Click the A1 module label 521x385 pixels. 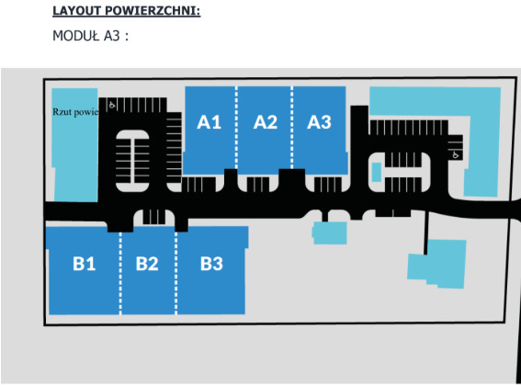click(209, 122)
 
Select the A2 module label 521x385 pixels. click(266, 122)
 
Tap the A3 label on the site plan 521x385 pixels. click(319, 122)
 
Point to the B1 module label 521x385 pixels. click(84, 264)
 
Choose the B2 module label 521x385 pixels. click(147, 264)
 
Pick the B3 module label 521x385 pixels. click(211, 264)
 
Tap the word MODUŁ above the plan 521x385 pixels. click(75, 36)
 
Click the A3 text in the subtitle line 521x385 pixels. click(112, 36)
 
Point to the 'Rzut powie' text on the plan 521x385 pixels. click(75, 112)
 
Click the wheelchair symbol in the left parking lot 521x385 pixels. click(112, 105)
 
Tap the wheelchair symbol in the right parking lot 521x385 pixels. click(456, 154)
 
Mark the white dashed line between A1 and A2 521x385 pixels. click(236, 128)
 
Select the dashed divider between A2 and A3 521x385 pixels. click(292, 128)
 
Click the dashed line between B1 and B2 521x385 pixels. click(120, 273)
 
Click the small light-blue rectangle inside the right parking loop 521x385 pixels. click(377, 172)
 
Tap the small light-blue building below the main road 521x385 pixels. click(330, 232)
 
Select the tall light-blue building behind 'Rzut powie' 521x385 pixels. click(75, 145)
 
